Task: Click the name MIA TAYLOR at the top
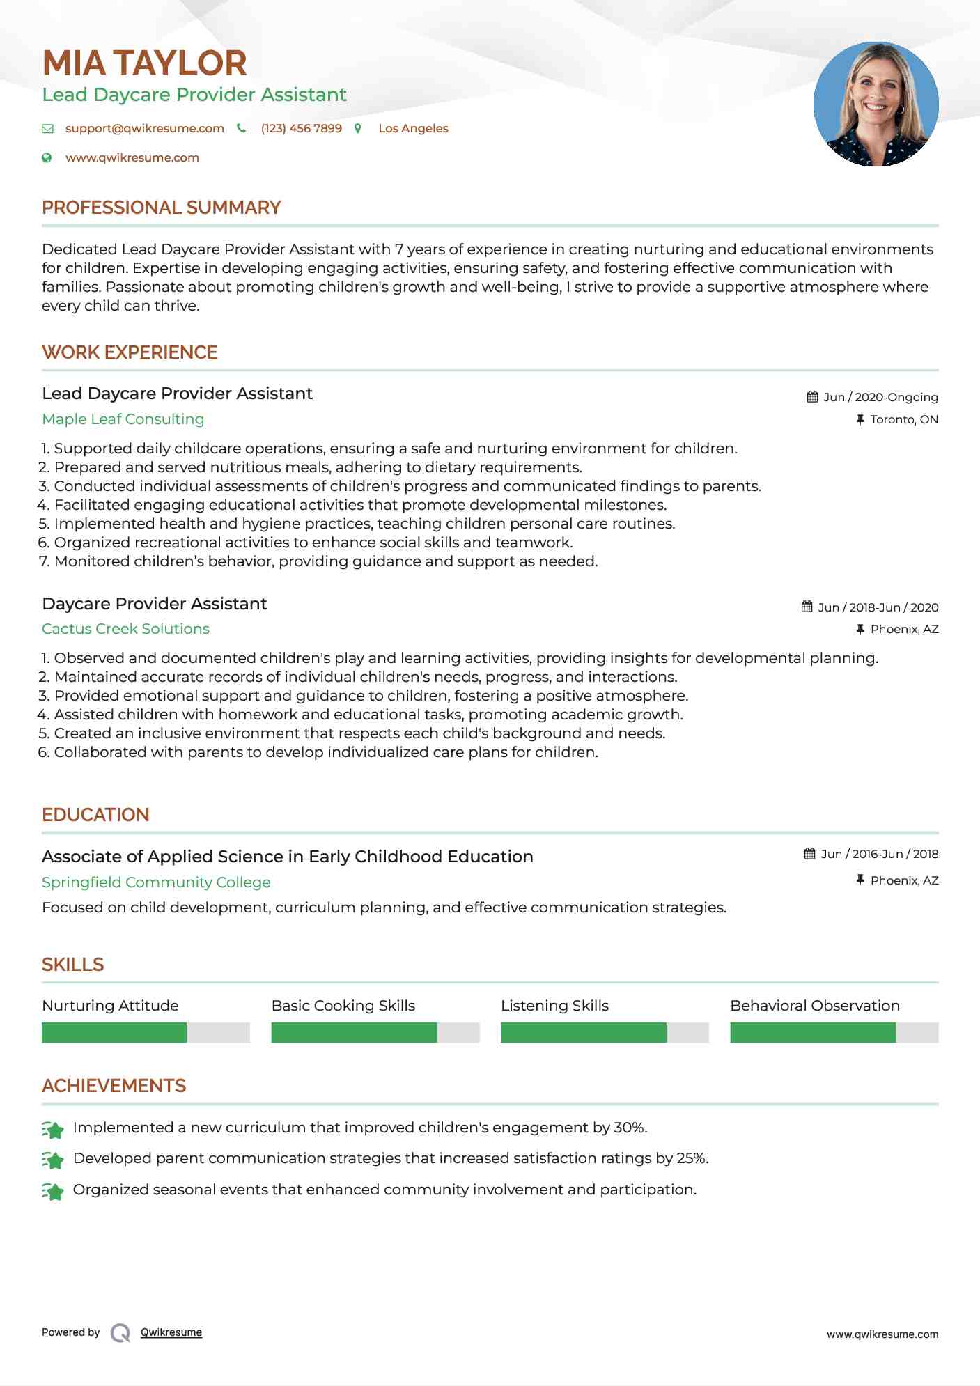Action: coord(144,63)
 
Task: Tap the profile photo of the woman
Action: coord(876,104)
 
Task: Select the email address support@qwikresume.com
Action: coord(144,129)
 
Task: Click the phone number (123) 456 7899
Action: coord(301,129)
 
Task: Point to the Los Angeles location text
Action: coord(413,129)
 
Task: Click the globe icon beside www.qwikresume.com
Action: coord(47,158)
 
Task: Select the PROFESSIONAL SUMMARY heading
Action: coord(161,208)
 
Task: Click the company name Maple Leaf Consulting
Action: coord(123,419)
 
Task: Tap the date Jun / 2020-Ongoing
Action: coord(880,397)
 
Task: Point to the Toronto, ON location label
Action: coord(903,419)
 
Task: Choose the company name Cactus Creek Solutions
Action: coord(125,629)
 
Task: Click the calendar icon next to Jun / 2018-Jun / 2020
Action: coord(807,607)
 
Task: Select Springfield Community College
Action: coord(156,882)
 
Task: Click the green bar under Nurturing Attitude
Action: coord(114,1032)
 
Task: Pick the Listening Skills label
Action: coord(554,1006)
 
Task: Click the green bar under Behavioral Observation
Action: coord(812,1032)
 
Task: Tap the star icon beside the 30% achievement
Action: coord(53,1129)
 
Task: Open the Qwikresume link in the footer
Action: coord(171,1332)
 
